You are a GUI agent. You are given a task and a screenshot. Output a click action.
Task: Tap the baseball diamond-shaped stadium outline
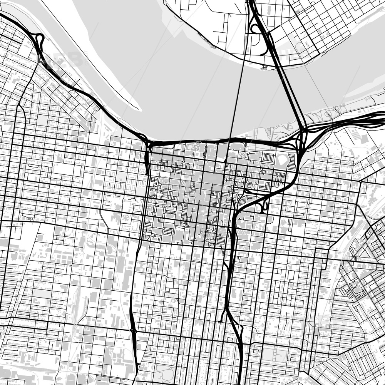click(282, 160)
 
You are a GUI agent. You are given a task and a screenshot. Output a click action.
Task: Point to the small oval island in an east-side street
click(309, 201)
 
